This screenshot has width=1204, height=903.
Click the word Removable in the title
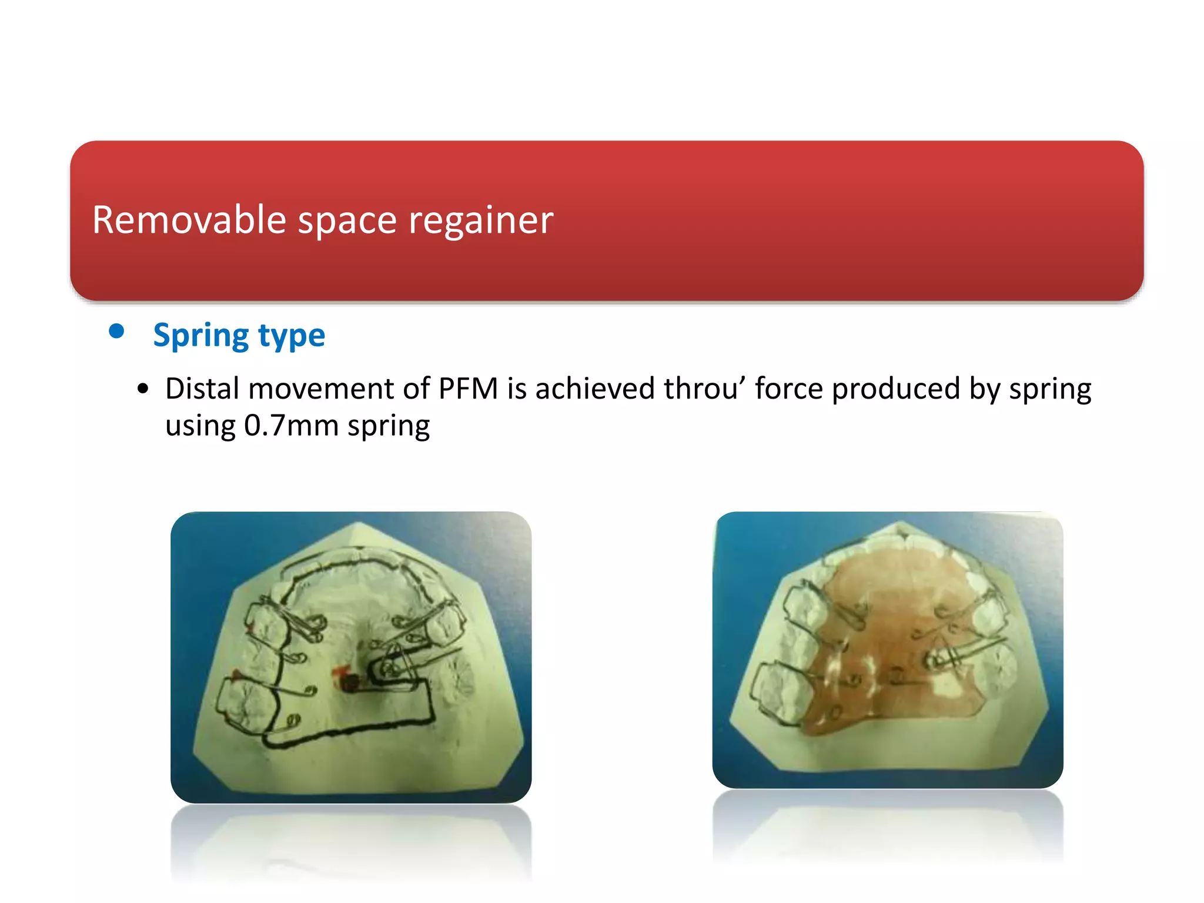coord(189,220)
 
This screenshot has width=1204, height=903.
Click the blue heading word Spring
coord(200,336)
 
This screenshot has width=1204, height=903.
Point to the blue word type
coord(292,336)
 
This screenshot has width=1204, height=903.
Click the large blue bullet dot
coord(116,331)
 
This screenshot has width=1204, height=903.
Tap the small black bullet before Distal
coord(143,389)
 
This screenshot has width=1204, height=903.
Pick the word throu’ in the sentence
coord(705,389)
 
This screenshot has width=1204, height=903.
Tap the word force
coord(789,389)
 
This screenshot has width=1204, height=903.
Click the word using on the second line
coord(200,426)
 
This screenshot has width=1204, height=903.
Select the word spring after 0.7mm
coord(389,426)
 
